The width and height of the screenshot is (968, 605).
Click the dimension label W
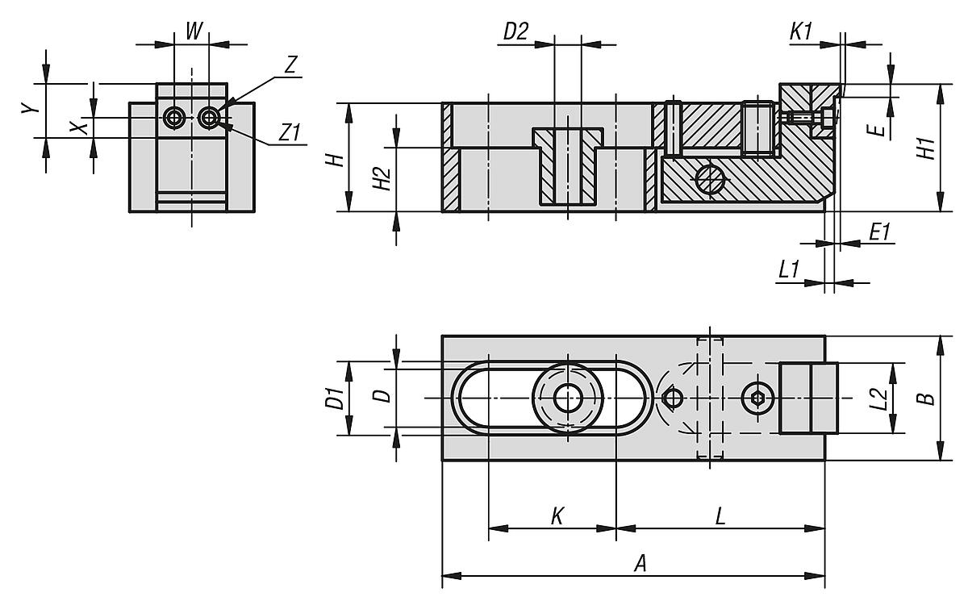193,31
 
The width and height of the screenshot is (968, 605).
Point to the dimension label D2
515,31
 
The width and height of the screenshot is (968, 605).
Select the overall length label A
640,564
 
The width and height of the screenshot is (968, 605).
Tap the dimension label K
557,516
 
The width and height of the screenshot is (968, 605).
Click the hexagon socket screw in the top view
757,398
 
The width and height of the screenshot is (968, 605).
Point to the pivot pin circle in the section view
711,180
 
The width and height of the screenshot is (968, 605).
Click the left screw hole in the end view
173,118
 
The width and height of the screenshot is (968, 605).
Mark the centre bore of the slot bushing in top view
568,398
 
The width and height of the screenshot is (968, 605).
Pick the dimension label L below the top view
720,516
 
